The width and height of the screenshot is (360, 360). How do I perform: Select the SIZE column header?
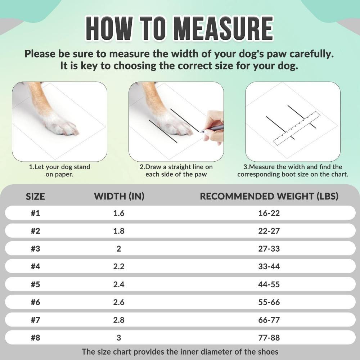(35, 196)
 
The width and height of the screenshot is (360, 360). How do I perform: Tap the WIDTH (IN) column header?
(119, 196)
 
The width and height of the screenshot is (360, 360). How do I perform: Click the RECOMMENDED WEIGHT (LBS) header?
(269, 196)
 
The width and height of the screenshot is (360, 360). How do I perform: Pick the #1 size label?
(35, 213)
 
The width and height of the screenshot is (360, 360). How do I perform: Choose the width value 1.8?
(119, 231)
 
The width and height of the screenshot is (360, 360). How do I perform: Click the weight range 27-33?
(269, 249)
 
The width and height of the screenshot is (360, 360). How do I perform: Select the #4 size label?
(35, 267)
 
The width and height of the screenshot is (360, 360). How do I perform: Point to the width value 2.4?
(119, 284)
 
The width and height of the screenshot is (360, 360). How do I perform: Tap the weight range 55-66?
(269, 302)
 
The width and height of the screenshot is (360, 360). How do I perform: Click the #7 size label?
(35, 320)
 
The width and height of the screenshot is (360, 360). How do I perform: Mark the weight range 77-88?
(269, 338)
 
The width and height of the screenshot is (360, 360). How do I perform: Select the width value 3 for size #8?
(119, 338)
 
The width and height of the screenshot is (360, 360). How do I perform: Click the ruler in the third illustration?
(297, 128)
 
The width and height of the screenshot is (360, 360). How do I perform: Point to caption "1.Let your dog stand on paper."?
(59, 171)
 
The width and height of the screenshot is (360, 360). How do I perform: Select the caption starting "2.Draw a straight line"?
(176, 171)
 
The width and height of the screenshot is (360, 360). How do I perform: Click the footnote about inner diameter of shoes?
(180, 352)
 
